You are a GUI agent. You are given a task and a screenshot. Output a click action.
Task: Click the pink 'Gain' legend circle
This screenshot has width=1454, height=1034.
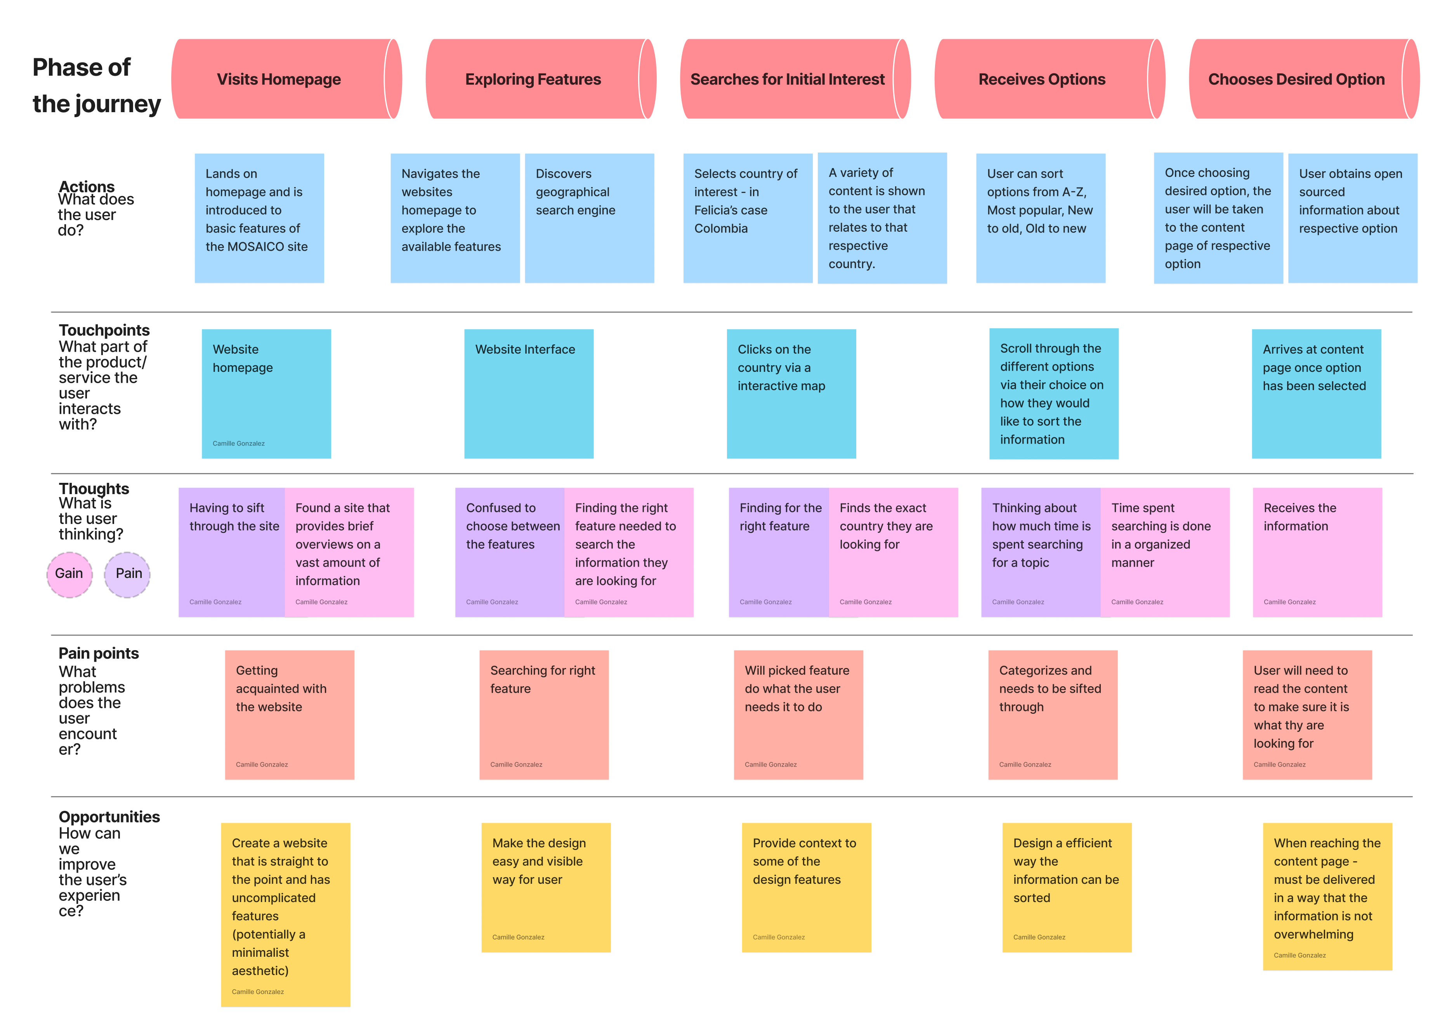tap(69, 574)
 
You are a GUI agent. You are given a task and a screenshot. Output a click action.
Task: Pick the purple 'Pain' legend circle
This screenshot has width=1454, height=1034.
tap(128, 574)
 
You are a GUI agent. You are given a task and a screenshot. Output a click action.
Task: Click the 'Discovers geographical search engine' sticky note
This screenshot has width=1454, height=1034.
tap(589, 218)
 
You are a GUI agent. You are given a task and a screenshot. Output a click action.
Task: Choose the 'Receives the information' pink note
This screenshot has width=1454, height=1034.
tap(1317, 552)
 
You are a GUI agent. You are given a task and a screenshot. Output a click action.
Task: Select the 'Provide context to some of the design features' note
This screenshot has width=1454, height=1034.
tap(806, 887)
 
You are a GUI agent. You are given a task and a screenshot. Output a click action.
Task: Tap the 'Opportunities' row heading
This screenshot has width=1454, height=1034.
tap(109, 817)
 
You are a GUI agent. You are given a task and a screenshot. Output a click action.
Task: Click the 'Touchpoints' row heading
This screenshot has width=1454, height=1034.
tap(104, 330)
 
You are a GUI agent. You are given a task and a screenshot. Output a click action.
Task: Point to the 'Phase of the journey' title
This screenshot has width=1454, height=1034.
tap(95, 85)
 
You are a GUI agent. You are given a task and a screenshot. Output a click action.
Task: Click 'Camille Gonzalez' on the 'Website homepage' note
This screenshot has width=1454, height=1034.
tap(239, 444)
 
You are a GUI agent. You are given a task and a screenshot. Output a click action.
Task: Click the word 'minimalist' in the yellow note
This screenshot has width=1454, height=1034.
tap(260, 952)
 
